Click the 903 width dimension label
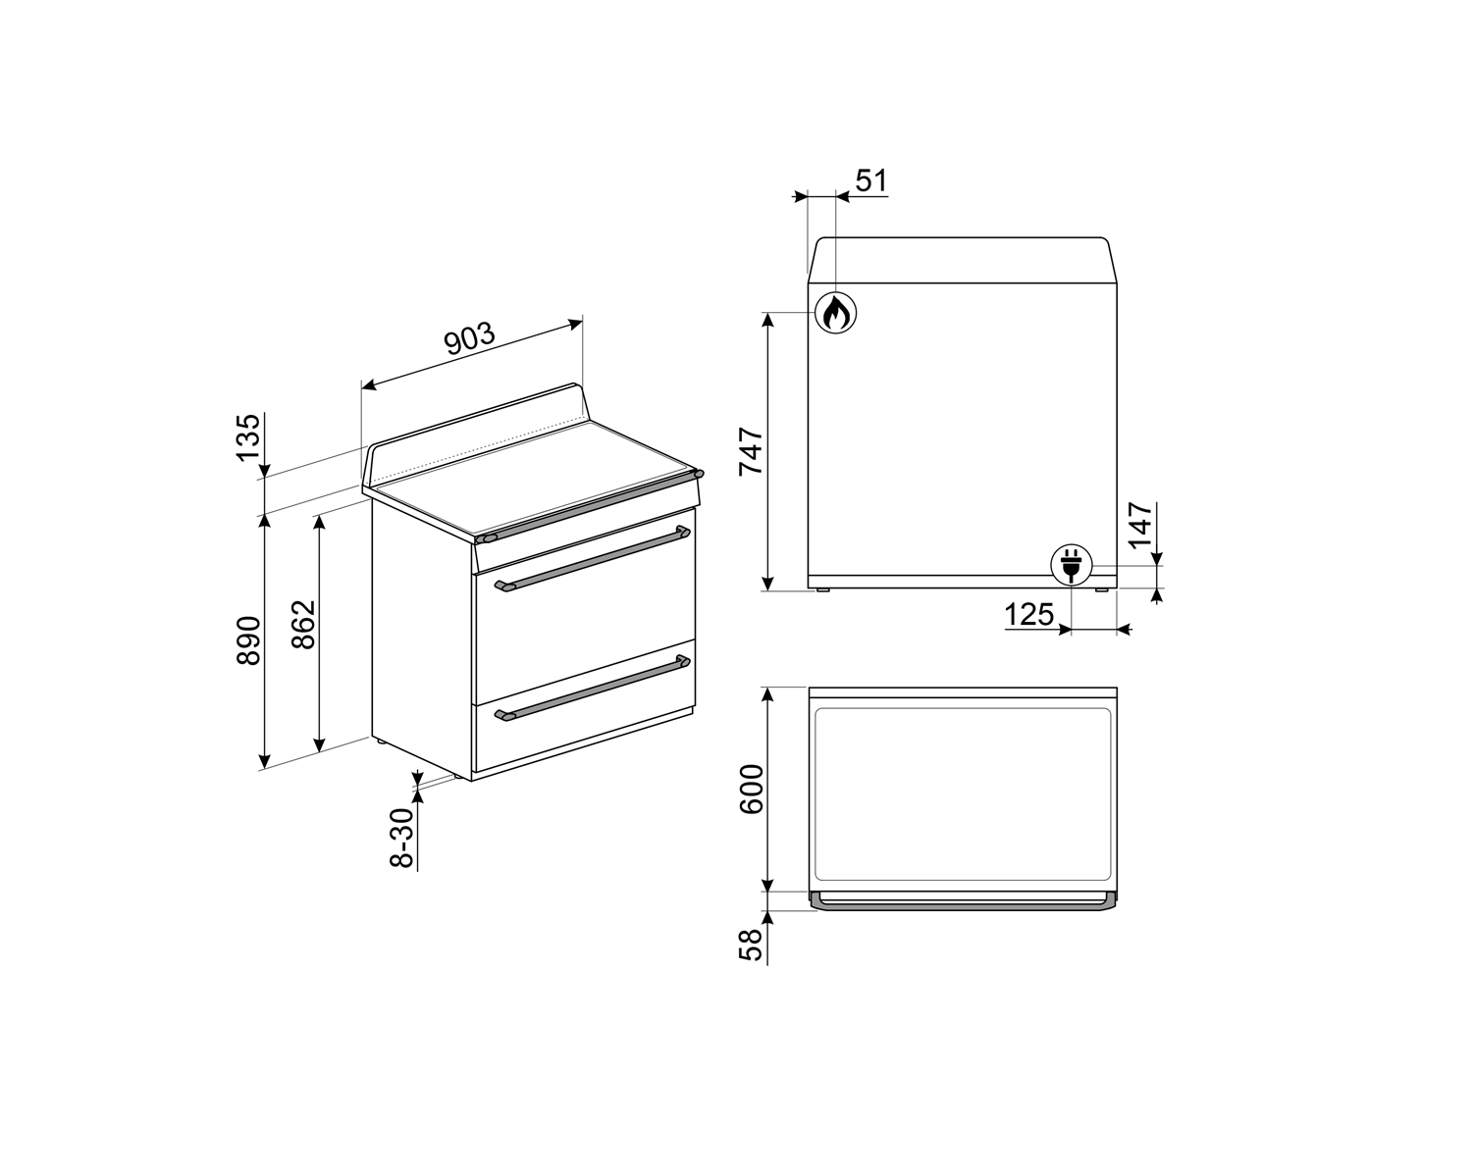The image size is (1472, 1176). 469,338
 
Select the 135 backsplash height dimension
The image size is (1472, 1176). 248,437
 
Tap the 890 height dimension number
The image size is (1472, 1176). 248,639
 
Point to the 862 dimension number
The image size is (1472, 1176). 303,624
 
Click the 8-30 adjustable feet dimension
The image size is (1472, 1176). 402,839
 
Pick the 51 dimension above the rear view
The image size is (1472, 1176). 870,181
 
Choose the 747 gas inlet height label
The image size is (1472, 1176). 751,451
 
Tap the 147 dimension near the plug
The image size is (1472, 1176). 1140,525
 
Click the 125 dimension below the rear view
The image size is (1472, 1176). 1028,615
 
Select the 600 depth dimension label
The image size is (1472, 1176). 751,790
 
